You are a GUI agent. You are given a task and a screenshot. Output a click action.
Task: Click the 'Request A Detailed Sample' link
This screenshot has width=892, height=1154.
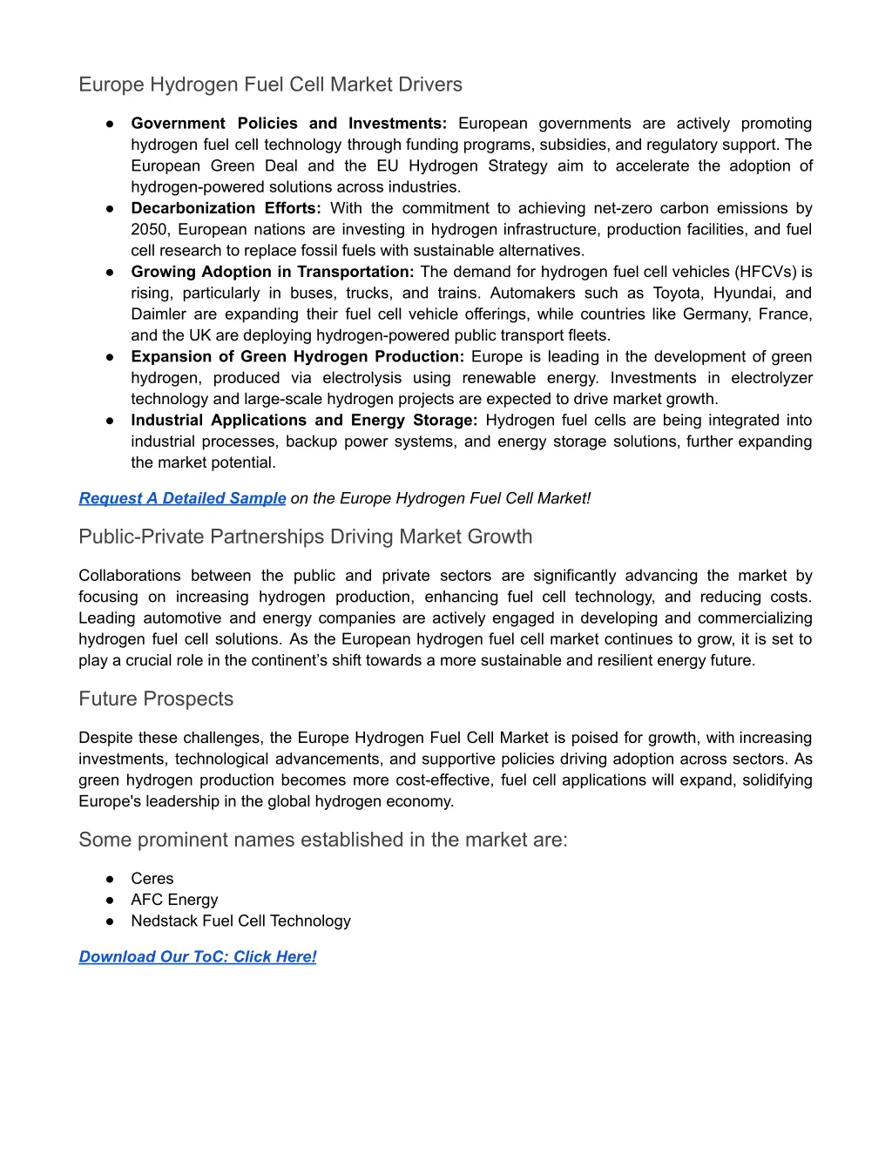(x=182, y=498)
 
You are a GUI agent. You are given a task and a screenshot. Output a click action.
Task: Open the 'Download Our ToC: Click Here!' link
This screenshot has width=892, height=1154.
(x=198, y=956)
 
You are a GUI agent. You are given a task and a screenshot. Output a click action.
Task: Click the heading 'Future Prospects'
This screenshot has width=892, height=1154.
(x=156, y=698)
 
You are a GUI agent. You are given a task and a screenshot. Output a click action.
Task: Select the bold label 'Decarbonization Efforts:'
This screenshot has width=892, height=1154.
(x=226, y=208)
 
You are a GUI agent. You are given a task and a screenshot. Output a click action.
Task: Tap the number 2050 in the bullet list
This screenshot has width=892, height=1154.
(x=149, y=229)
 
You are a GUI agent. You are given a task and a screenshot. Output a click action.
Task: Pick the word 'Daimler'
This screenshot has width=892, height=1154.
(x=159, y=314)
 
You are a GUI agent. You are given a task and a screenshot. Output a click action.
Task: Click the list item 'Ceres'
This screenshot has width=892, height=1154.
(x=152, y=878)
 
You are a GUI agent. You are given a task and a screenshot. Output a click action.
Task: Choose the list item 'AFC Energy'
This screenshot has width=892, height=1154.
(x=174, y=900)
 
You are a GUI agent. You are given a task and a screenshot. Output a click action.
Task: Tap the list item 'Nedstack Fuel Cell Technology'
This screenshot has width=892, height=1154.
(x=240, y=921)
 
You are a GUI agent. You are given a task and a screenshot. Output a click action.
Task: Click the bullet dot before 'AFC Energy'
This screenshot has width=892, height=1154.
(x=111, y=900)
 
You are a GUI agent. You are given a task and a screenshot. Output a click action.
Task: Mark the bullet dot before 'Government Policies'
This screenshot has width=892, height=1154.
(x=111, y=124)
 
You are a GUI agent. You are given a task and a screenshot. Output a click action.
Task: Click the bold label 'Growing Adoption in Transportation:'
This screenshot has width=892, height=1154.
(x=272, y=272)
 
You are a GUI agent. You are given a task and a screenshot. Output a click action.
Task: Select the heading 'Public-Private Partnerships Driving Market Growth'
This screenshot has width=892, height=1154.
(x=305, y=537)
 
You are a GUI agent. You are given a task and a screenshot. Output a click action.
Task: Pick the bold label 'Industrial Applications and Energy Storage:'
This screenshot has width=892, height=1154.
(x=304, y=420)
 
